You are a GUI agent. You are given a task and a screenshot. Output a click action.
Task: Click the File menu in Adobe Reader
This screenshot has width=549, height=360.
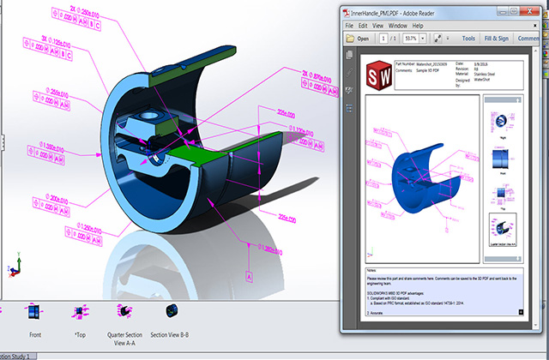(x=350, y=26)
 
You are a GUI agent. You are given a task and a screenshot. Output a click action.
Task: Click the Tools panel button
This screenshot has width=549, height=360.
(x=468, y=39)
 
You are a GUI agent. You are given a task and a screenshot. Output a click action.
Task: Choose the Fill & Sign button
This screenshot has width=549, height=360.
(x=501, y=39)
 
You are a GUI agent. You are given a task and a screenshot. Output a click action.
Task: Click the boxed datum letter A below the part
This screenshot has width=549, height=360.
(x=249, y=276)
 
